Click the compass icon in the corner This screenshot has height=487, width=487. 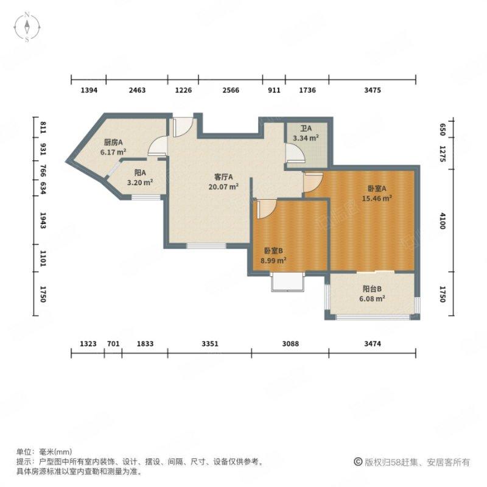pyautogui.click(x=28, y=27)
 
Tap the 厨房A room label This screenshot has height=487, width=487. pyautogui.click(x=113, y=142)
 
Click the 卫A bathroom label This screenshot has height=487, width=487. pyautogui.click(x=306, y=129)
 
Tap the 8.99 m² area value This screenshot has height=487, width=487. pyautogui.click(x=273, y=260)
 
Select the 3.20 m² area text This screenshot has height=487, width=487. pyautogui.click(x=139, y=181)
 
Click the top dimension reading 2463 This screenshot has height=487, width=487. pyautogui.click(x=137, y=90)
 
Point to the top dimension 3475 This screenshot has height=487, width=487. pyautogui.click(x=373, y=90)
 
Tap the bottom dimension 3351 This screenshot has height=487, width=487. pyautogui.click(x=210, y=345)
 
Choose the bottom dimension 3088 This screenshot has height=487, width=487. pyautogui.click(x=290, y=345)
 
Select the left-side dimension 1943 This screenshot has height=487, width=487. pyautogui.click(x=43, y=222)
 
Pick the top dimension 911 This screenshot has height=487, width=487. pyautogui.click(x=275, y=90)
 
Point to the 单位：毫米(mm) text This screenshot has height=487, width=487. pyautogui.click(x=44, y=452)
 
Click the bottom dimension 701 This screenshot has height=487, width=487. pyautogui.click(x=113, y=345)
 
